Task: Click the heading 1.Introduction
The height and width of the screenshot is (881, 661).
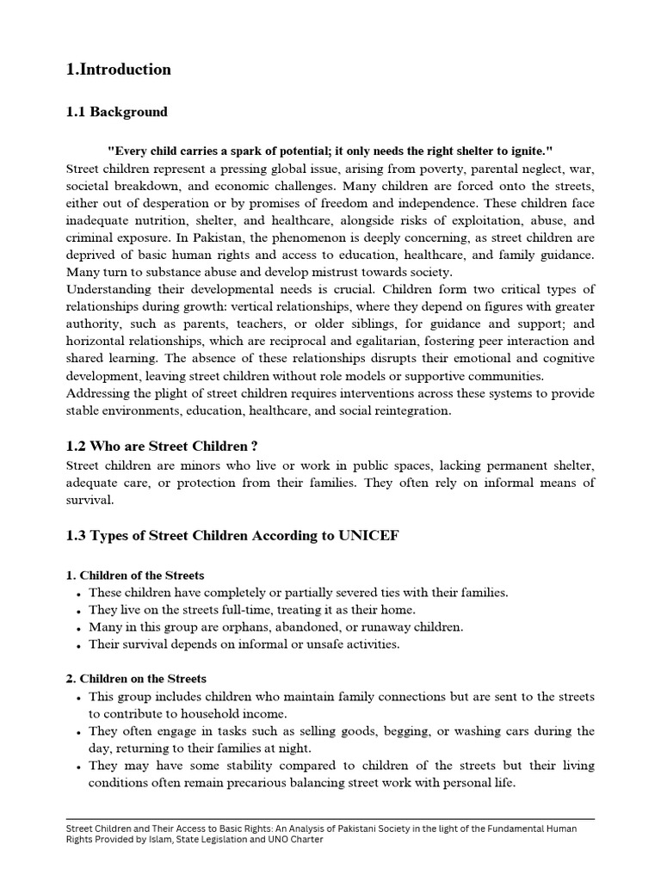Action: (x=119, y=70)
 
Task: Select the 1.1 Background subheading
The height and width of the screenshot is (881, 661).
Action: (x=117, y=112)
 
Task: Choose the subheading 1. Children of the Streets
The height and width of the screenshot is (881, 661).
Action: (x=135, y=575)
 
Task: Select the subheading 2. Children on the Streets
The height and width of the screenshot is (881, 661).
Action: (x=136, y=679)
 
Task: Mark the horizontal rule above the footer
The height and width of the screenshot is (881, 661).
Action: (x=330, y=819)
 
